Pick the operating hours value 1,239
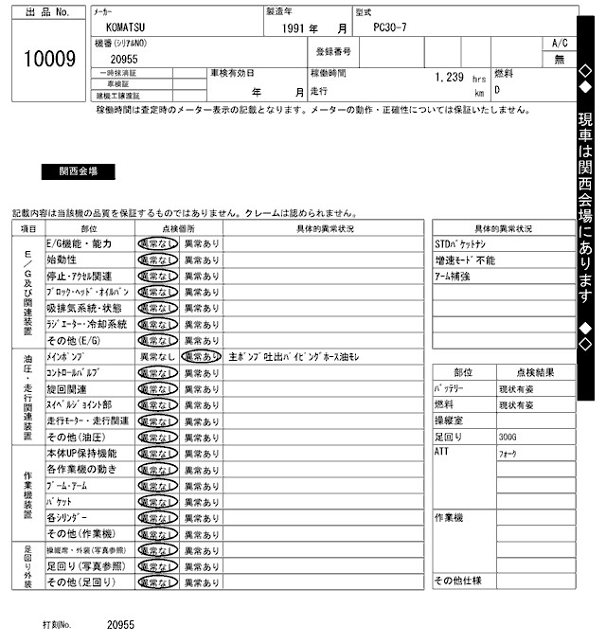click(448, 78)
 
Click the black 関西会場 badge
click(78, 171)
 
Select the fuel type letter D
click(497, 91)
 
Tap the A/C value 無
click(559, 59)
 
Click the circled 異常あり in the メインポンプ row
click(201, 357)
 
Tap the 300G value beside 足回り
click(509, 438)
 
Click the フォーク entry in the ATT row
click(508, 454)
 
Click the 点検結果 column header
click(535, 373)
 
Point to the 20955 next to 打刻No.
click(121, 626)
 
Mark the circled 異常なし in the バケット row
click(157, 502)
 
